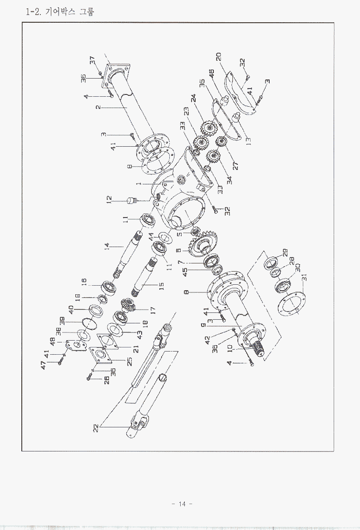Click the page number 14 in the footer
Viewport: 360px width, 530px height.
coord(182,504)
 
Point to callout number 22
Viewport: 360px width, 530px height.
coord(96,428)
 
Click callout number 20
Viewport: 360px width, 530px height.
coord(218,57)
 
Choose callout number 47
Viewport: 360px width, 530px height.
coord(44,364)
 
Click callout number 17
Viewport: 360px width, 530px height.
coord(153,310)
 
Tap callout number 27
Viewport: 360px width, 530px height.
coord(236,165)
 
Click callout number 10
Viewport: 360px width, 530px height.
coord(230,348)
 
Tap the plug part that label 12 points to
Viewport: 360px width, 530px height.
coord(134,200)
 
